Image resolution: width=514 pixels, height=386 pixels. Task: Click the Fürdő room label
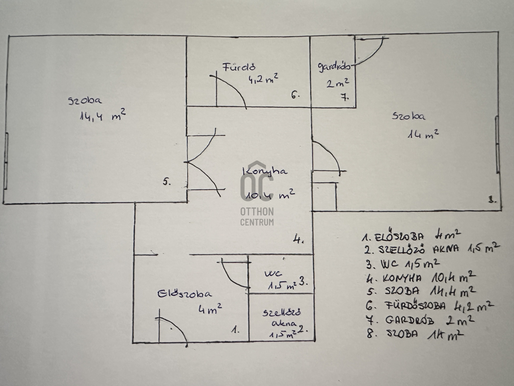[x=239, y=67]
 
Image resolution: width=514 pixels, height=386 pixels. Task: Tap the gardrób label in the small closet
[x=334, y=66]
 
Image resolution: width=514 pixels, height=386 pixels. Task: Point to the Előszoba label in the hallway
[x=184, y=294]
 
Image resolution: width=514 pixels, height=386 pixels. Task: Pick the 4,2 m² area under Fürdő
[x=263, y=79]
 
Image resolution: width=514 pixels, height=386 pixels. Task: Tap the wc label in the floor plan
[x=273, y=273]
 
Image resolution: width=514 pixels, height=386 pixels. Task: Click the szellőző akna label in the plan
[x=282, y=318]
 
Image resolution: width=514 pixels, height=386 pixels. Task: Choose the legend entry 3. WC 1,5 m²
[x=403, y=264]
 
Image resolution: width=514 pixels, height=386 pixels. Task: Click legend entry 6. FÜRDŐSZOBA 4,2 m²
[x=430, y=305]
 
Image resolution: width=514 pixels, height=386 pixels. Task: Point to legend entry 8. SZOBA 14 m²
[x=415, y=334]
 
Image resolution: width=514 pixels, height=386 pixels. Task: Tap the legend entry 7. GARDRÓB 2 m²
[x=420, y=320]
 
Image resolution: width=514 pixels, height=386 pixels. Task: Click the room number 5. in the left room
[x=167, y=182]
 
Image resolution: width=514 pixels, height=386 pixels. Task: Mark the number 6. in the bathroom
[x=295, y=95]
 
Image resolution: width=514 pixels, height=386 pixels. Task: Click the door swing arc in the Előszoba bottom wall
[x=177, y=326]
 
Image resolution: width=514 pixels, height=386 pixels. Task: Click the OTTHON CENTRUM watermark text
[x=257, y=217]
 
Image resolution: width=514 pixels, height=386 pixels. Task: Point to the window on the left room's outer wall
[x=6, y=161]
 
